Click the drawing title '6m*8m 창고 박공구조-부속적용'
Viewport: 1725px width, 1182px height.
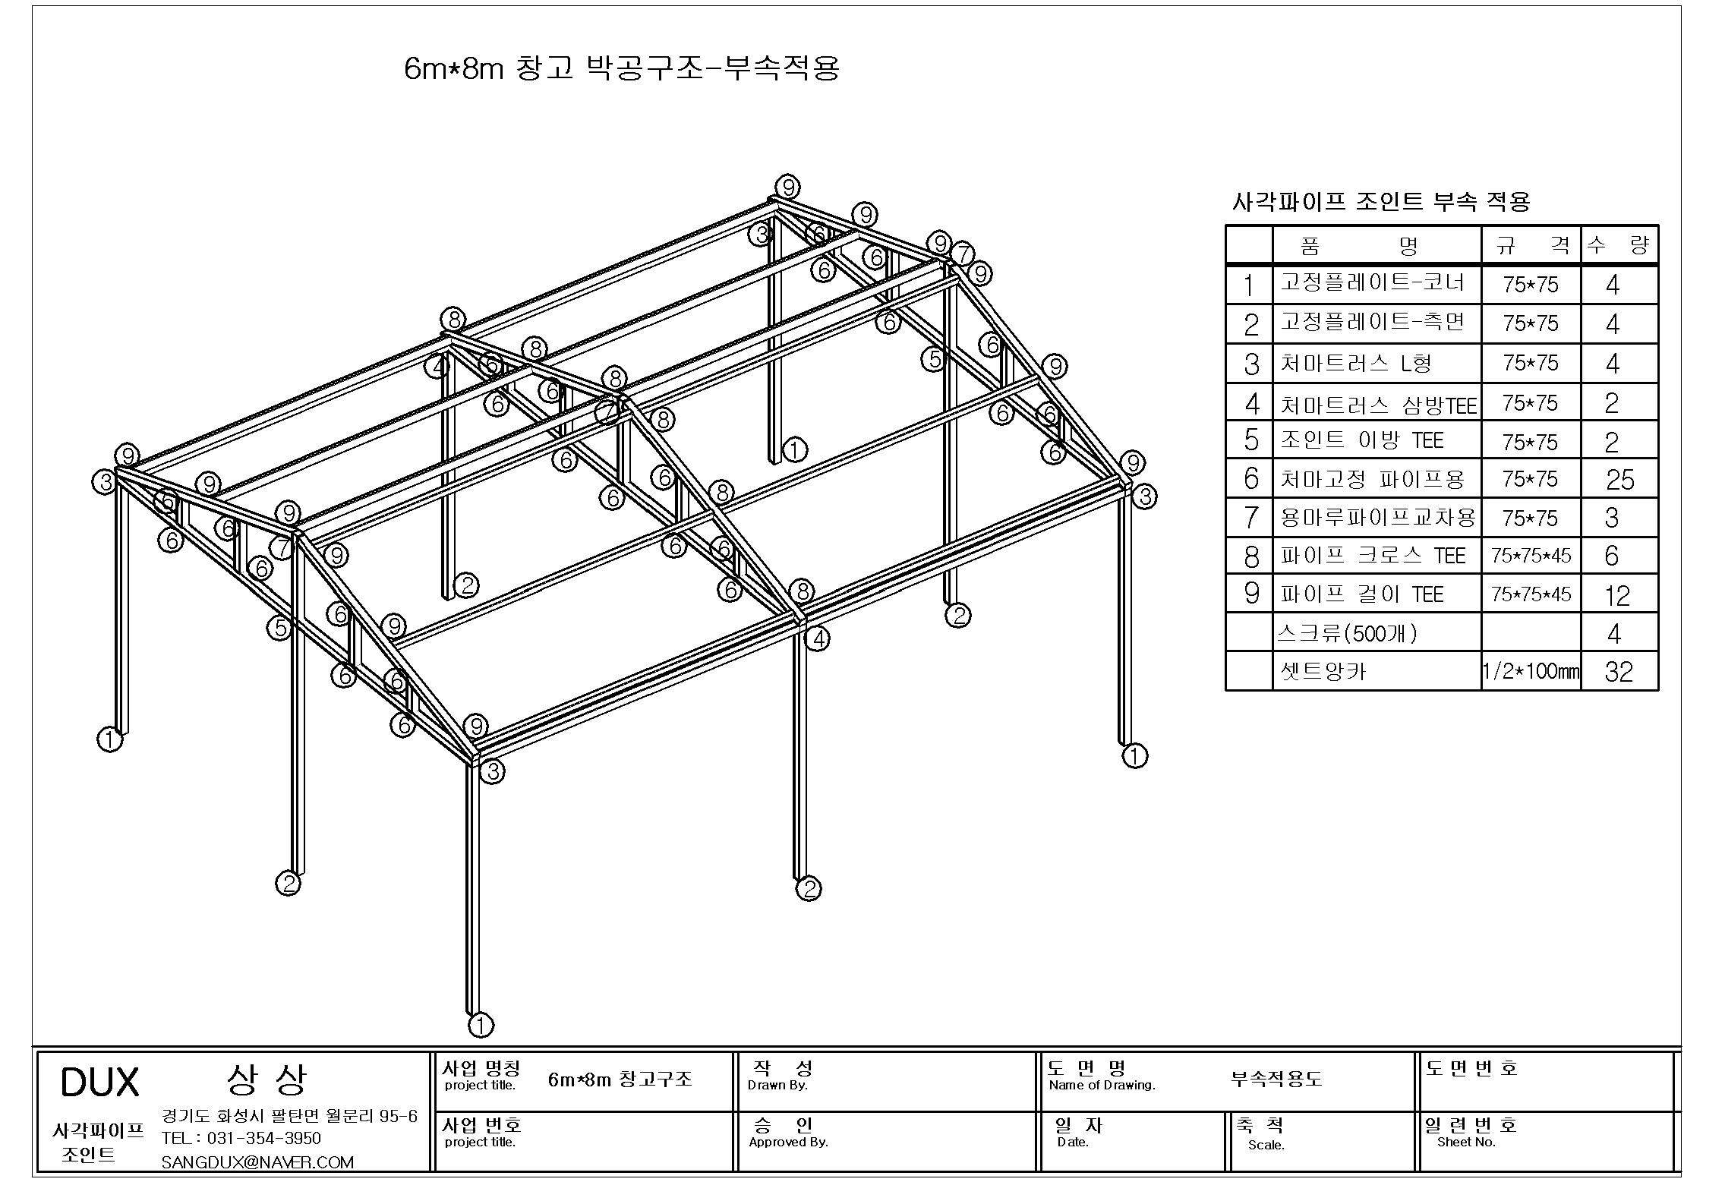(622, 68)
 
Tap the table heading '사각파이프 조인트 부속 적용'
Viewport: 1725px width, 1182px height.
(1380, 202)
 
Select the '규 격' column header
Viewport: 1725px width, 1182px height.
(1531, 245)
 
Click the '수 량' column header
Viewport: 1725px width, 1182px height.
(1619, 245)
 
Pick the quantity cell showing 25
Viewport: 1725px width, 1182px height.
(1619, 480)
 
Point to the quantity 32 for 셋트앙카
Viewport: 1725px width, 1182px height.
(1619, 672)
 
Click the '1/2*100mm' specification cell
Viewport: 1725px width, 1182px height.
(1531, 672)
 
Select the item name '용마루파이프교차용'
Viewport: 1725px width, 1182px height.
(1378, 518)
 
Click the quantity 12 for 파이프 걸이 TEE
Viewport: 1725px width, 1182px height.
(1618, 595)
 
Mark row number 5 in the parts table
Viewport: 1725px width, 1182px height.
(1251, 440)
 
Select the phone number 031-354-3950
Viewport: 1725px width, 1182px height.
(263, 1139)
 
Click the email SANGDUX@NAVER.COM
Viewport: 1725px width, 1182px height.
(257, 1162)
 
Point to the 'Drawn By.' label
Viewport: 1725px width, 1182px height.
(777, 1086)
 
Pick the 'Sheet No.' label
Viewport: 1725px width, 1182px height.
(1466, 1143)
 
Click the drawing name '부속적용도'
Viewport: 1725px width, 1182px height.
(1276, 1079)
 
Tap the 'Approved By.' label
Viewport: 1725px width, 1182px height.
(788, 1143)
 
